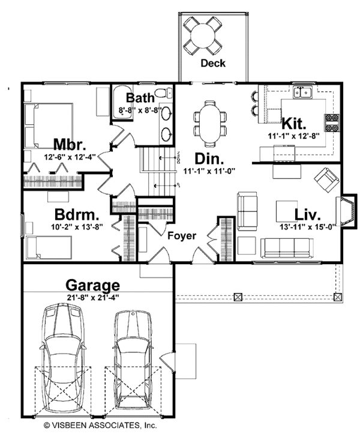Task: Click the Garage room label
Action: [x=92, y=285]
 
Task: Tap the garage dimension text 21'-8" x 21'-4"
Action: [x=92, y=296]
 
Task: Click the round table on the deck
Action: [x=202, y=35]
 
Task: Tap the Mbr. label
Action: [x=70, y=145]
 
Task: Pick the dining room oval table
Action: [x=210, y=122]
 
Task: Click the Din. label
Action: [x=209, y=160]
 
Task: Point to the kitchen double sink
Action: [x=302, y=92]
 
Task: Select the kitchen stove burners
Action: [x=332, y=122]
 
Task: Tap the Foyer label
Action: [x=182, y=236]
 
